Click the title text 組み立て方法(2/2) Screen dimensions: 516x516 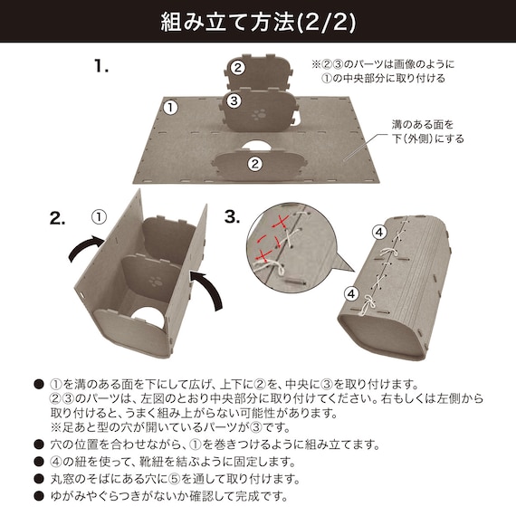click(x=258, y=23)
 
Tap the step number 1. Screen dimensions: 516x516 click(x=101, y=65)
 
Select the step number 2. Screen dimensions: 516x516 click(x=57, y=217)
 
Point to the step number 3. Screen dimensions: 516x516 click(x=232, y=217)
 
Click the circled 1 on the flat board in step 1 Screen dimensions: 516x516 click(x=170, y=108)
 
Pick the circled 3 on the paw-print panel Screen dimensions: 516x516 click(x=234, y=100)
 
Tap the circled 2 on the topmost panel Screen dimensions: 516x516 click(x=237, y=68)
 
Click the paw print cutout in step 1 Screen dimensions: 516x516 click(x=259, y=114)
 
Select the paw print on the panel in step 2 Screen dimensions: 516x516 click(x=156, y=282)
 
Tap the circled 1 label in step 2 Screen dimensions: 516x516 click(x=99, y=217)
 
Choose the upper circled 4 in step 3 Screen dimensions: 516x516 click(x=379, y=233)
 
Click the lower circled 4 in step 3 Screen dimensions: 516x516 click(x=351, y=293)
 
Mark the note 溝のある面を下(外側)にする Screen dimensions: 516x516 click(x=427, y=131)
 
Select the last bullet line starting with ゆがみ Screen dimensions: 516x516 click(x=169, y=496)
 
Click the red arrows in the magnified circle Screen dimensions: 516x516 click(x=272, y=240)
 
